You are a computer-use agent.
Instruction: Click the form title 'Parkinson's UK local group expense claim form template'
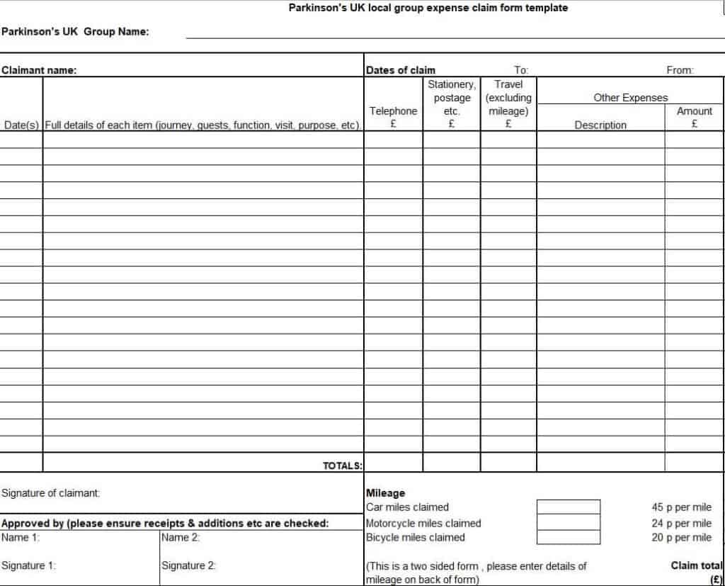tap(428, 9)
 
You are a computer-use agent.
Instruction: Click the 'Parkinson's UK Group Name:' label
tap(75, 31)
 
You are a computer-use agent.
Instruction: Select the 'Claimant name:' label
tap(39, 70)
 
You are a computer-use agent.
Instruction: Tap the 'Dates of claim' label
tap(401, 70)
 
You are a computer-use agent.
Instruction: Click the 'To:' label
tap(521, 70)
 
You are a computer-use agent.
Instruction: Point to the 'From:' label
tap(680, 70)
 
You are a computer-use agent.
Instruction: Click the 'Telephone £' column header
tap(393, 117)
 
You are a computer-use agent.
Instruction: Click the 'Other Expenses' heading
tap(630, 98)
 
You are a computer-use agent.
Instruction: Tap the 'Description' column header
tap(600, 125)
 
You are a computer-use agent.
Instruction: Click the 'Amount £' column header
tap(695, 117)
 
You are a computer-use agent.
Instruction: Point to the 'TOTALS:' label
tap(343, 466)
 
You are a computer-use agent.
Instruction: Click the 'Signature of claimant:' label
tap(51, 492)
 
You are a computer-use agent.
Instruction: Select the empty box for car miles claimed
tap(568, 507)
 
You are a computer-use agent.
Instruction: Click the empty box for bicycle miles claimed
tap(568, 538)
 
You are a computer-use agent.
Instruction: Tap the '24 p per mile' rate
tap(681, 523)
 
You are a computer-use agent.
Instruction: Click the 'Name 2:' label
tap(181, 537)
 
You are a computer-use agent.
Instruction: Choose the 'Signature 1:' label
tap(29, 565)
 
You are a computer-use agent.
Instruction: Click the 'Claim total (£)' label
tap(697, 571)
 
